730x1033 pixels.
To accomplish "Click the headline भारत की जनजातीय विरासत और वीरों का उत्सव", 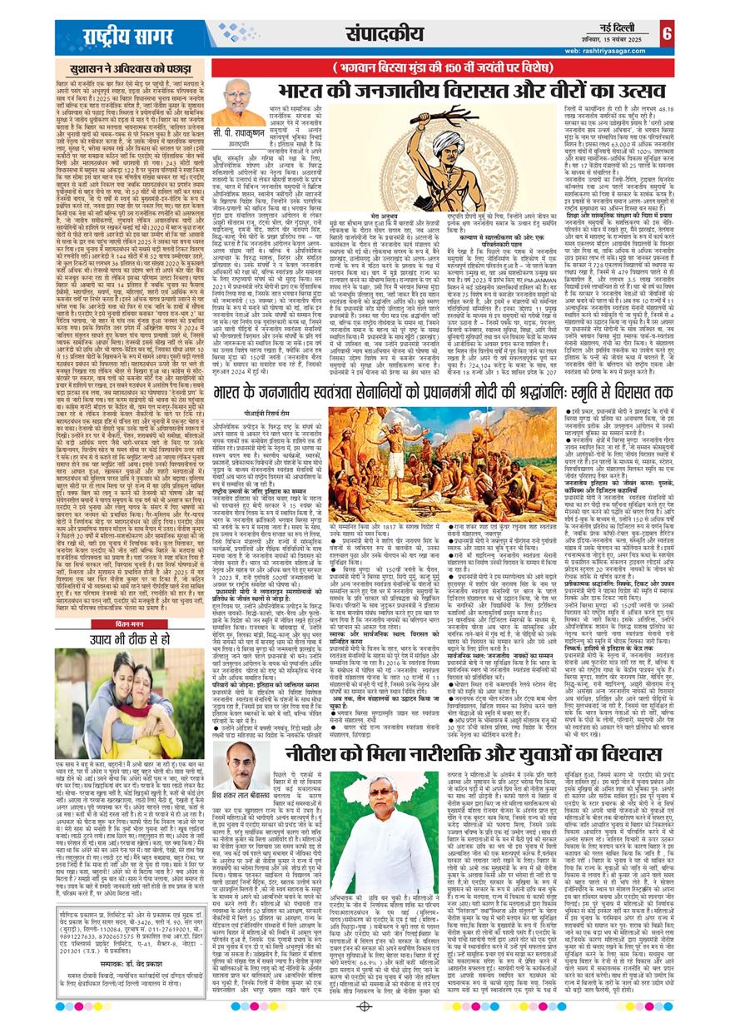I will tap(451, 90).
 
